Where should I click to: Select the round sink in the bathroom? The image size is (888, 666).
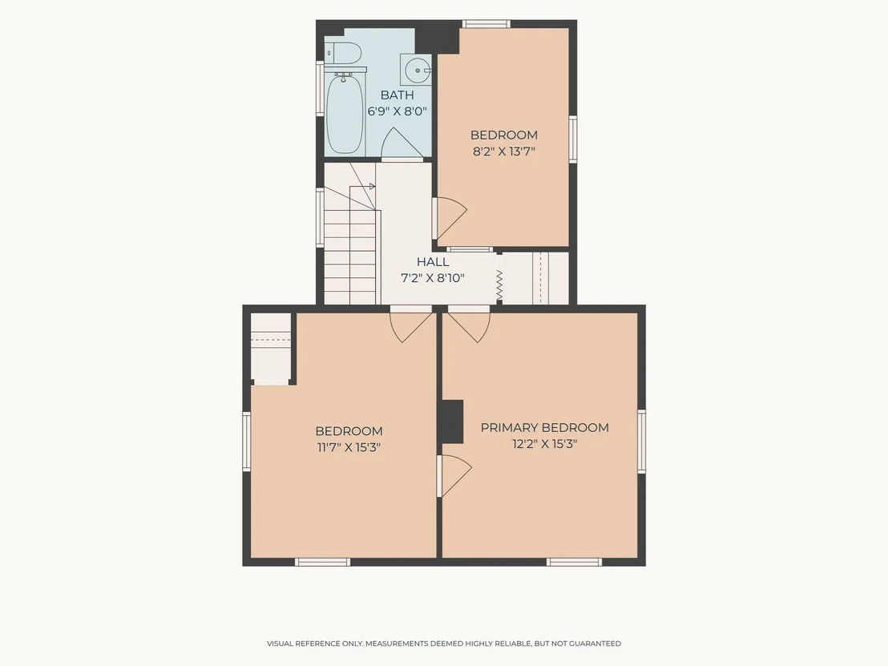(x=416, y=71)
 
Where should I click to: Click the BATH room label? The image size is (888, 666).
(x=397, y=95)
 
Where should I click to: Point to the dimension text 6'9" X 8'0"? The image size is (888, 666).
(x=397, y=111)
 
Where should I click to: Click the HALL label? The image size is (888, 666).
(x=433, y=261)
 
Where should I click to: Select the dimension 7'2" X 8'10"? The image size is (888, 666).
(x=433, y=278)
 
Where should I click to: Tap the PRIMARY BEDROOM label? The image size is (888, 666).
(x=545, y=428)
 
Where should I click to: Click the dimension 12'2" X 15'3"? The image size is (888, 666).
(x=545, y=444)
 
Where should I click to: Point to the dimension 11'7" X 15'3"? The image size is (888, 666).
(x=349, y=447)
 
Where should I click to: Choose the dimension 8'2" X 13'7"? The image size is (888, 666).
(x=504, y=151)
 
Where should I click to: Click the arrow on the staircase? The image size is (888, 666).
(x=362, y=186)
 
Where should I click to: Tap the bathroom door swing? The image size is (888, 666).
(x=402, y=143)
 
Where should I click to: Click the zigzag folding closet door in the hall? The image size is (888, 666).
(x=499, y=285)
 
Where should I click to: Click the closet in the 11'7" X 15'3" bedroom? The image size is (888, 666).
(x=271, y=349)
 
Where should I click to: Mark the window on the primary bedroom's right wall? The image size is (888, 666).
(x=641, y=442)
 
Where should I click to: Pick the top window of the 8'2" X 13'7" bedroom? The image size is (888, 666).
(x=486, y=24)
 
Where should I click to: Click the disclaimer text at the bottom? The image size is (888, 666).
(x=444, y=644)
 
